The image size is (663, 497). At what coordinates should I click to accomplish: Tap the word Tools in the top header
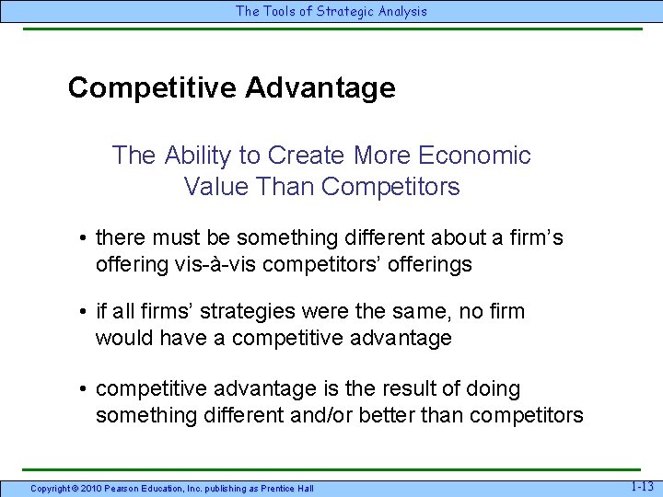tap(280, 11)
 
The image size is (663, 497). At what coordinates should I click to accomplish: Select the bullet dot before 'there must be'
tap(83, 238)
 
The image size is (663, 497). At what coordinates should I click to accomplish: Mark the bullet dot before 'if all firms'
tap(83, 312)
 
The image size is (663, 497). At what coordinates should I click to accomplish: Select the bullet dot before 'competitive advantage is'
tap(83, 389)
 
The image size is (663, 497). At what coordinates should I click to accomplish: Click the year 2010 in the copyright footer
tap(92, 488)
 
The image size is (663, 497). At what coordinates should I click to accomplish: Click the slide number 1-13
tap(641, 485)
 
